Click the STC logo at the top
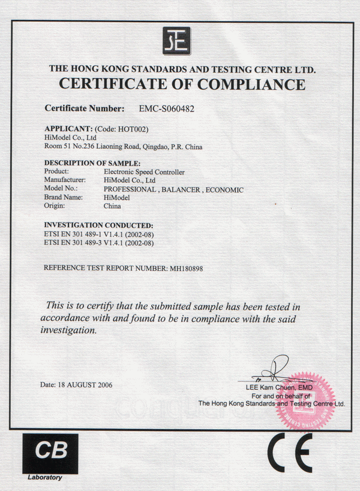pyautogui.click(x=176, y=41)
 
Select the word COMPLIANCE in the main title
pyautogui.click(x=252, y=85)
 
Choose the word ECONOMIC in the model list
pyautogui.click(x=224, y=189)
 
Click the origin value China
pyautogui.click(x=112, y=206)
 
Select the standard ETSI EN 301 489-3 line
pyautogui.click(x=99, y=243)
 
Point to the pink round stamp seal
pyautogui.click(x=305, y=401)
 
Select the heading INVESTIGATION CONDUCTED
pyautogui.click(x=98, y=225)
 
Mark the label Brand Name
pyautogui.click(x=62, y=197)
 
